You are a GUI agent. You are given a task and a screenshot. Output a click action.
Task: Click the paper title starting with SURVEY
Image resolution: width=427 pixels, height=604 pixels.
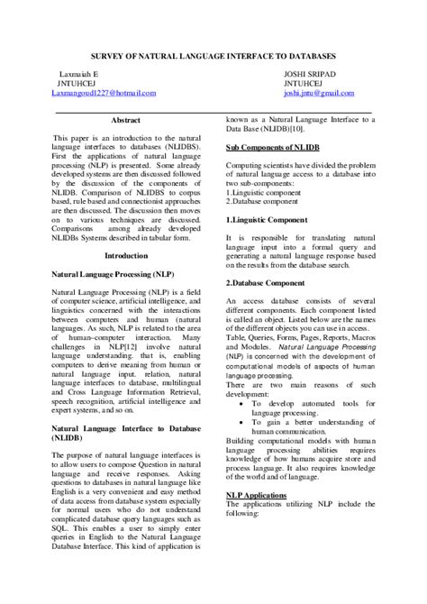[x=213, y=56]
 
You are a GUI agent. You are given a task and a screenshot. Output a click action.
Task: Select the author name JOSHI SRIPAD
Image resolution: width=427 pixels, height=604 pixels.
[x=309, y=71]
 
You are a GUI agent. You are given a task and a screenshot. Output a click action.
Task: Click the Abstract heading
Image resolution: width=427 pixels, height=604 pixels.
[x=125, y=120]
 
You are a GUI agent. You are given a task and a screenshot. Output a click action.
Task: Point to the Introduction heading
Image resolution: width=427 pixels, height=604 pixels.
[x=125, y=255]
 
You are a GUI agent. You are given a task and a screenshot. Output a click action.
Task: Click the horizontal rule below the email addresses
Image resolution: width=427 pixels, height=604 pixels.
[x=213, y=111]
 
